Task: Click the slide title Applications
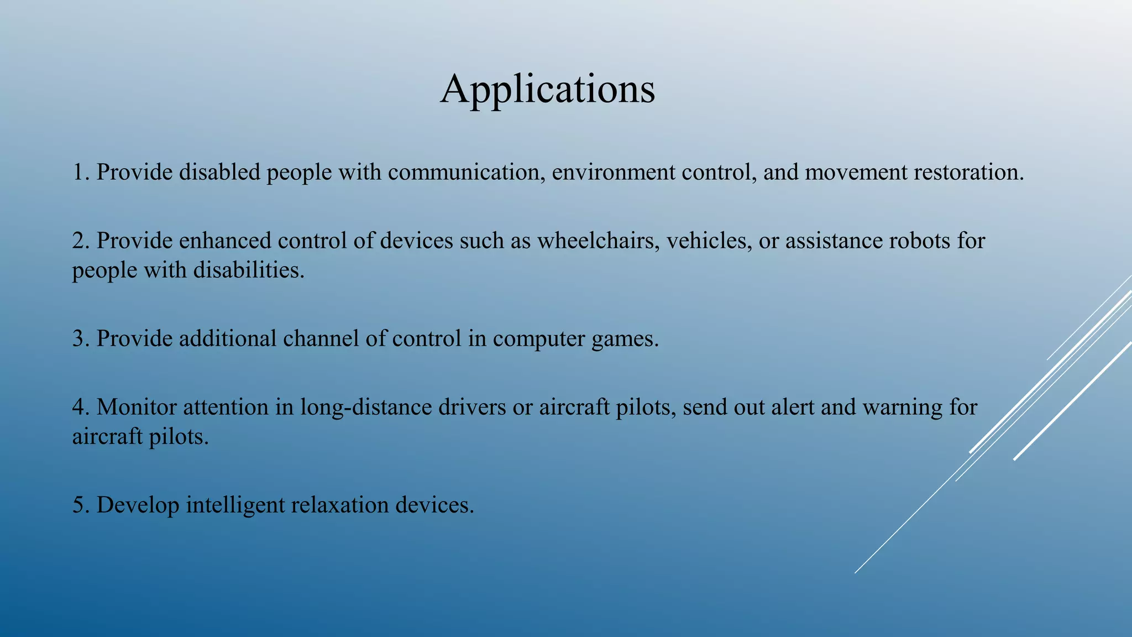point(547,90)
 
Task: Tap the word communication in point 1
point(463,173)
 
